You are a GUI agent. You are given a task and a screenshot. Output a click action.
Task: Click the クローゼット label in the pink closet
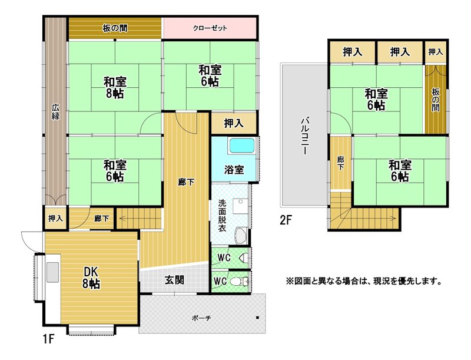pyautogui.click(x=210, y=28)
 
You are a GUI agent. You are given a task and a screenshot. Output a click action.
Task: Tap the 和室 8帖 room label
pyautogui.click(x=115, y=87)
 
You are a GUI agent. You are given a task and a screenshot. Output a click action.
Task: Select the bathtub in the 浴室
pyautogui.click(x=242, y=146)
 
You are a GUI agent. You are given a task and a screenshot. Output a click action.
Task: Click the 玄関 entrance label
pyautogui.click(x=174, y=280)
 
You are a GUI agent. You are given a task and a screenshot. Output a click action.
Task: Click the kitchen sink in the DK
pyautogui.click(x=52, y=272)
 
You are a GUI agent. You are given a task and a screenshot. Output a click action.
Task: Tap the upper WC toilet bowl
pyautogui.click(x=244, y=258)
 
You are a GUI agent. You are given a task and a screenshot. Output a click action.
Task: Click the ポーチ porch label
pyautogui.click(x=201, y=318)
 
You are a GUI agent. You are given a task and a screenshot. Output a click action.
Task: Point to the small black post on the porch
pyautogui.click(x=257, y=318)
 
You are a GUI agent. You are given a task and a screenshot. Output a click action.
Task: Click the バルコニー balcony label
pyautogui.click(x=305, y=136)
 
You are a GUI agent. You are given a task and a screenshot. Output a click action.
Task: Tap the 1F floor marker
pyautogui.click(x=49, y=339)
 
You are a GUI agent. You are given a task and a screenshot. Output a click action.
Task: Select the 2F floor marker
pyautogui.click(x=286, y=220)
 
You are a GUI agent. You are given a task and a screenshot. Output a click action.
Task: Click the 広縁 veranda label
pyautogui.click(x=55, y=112)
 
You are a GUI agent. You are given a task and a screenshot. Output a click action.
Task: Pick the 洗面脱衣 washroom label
pyautogui.click(x=222, y=216)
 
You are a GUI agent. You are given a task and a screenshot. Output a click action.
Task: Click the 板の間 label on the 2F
pyautogui.click(x=436, y=100)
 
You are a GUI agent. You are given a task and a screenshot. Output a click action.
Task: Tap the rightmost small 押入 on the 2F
pyautogui.click(x=436, y=52)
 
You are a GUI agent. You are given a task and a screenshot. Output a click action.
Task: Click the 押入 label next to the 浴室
pyautogui.click(x=234, y=123)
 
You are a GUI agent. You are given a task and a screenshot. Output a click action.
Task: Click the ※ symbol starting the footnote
pyautogui.click(x=289, y=282)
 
